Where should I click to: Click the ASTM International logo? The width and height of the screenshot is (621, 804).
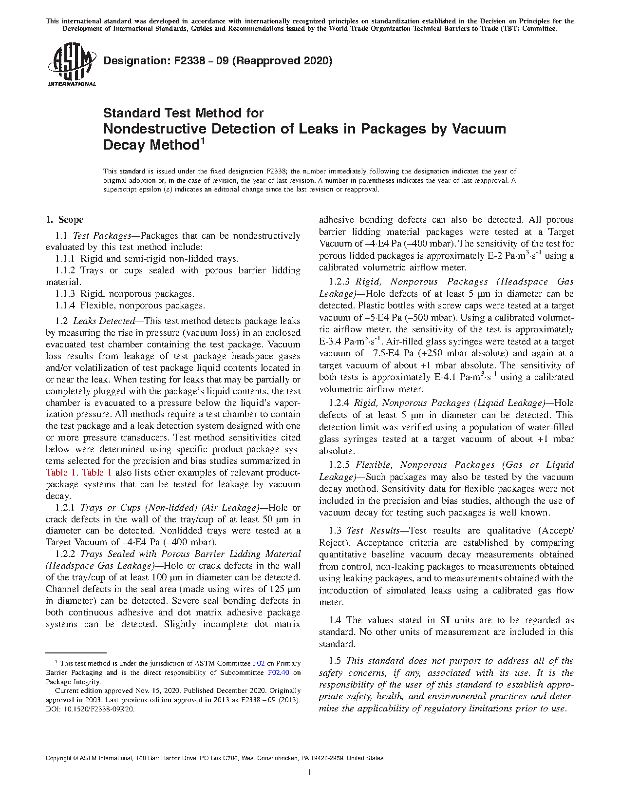72,65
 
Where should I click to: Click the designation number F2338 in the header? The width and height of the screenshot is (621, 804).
187,61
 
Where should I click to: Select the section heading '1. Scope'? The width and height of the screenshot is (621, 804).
64,220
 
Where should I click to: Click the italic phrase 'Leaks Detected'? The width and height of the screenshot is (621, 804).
104,321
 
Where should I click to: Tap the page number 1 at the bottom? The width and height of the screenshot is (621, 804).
310,772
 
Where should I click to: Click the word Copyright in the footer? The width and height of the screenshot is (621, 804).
58,758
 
